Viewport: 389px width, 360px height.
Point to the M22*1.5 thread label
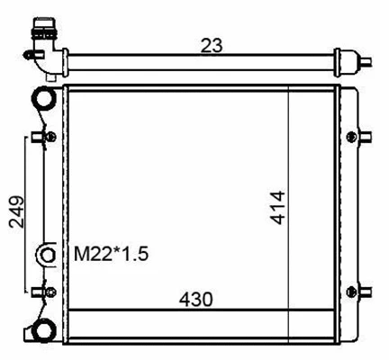(110, 255)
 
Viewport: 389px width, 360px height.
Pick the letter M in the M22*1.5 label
(79, 255)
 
